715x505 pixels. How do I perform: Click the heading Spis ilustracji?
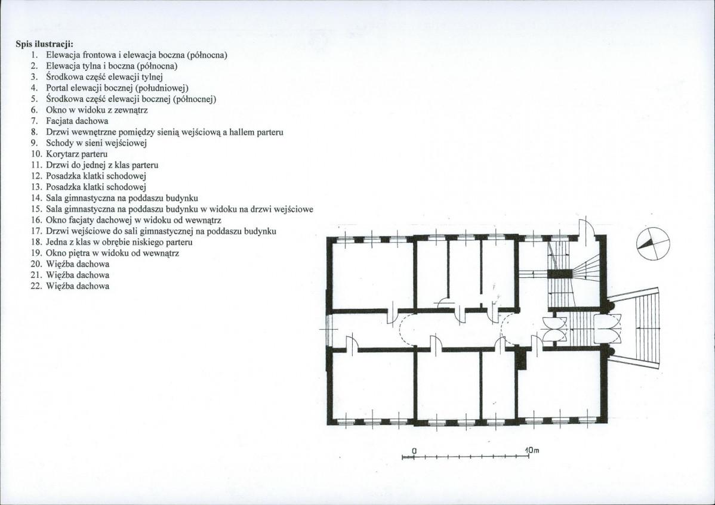(45, 44)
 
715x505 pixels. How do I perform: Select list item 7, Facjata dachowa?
(70, 120)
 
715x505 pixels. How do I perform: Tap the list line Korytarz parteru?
(69, 154)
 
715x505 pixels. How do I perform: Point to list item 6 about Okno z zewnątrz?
(90, 110)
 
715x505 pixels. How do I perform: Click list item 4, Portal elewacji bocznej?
(109, 88)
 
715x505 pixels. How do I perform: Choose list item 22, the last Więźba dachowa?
(70, 286)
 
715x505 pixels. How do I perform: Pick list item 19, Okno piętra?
(105, 253)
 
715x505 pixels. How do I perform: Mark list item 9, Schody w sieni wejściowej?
(89, 143)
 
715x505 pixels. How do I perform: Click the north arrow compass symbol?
(653, 244)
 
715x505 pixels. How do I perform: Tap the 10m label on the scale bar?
(532, 450)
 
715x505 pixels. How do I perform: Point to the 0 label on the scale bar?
(414, 450)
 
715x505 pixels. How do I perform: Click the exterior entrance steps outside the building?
(634, 328)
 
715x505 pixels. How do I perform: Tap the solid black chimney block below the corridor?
(521, 359)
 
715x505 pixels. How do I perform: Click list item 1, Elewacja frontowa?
(129, 55)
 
